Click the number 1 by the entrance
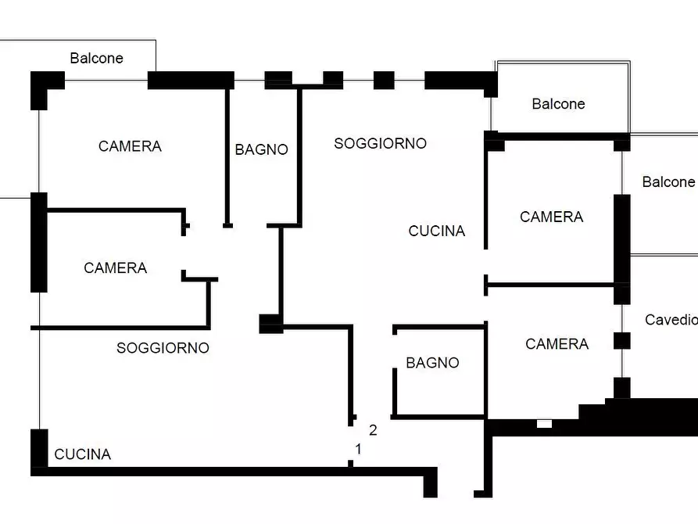[358, 449]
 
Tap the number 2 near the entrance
[373, 430]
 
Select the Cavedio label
[671, 320]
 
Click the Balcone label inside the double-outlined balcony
[558, 104]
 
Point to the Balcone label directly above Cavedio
[668, 181]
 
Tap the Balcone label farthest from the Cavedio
[97, 58]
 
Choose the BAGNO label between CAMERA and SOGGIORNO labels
[261, 149]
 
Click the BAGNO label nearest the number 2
[432, 363]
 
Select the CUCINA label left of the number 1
[82, 454]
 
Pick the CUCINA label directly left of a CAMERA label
[437, 231]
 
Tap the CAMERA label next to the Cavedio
[557, 344]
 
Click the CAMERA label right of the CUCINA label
[552, 217]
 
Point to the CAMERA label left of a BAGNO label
[130, 146]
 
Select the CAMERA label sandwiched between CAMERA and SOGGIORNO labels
[116, 267]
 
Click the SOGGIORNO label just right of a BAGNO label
[380, 143]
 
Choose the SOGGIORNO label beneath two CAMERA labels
[163, 348]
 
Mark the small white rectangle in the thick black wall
[544, 424]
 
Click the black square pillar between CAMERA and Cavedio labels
[622, 341]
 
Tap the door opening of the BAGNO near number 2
[395, 351]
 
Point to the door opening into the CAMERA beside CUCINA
[485, 262]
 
